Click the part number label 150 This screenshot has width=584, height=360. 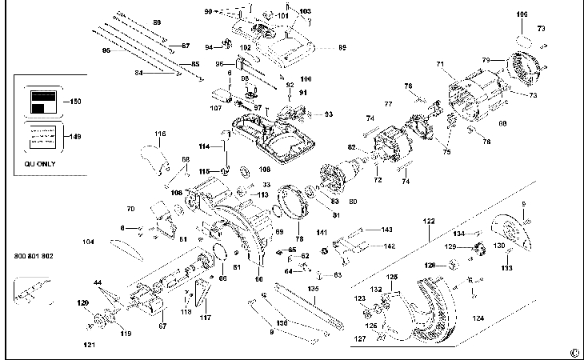coord(76,102)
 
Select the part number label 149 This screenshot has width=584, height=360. coord(75,137)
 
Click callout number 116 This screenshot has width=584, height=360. coord(160,134)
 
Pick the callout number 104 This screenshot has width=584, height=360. coord(89,241)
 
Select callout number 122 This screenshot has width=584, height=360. coord(430,221)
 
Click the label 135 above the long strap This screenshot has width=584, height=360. coord(314,289)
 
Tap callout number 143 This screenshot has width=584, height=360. coord(387,230)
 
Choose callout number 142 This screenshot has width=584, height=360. coord(389,246)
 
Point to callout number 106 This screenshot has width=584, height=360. coord(522,14)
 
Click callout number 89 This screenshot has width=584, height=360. coord(342,48)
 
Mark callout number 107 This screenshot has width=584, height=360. coord(215,107)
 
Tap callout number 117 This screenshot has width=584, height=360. coord(206,318)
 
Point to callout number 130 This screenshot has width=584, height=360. coord(499,246)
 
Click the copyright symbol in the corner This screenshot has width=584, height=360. coord(574,351)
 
